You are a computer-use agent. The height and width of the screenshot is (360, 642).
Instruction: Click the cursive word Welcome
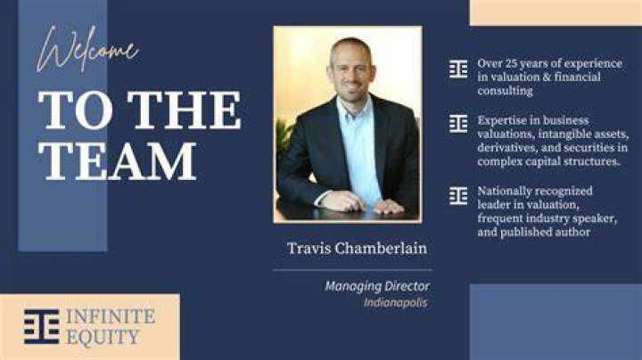(x=87, y=50)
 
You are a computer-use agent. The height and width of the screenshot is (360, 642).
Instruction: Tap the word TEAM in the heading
(x=118, y=161)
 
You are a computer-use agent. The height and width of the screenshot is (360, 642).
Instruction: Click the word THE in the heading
(x=184, y=110)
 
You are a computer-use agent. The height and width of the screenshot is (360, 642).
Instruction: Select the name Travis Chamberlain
(x=357, y=249)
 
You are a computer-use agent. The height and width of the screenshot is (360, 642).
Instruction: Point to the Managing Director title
(x=377, y=286)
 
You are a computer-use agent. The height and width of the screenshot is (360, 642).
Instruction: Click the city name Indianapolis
(x=396, y=303)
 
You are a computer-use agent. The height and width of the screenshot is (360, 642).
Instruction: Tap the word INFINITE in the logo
(x=111, y=316)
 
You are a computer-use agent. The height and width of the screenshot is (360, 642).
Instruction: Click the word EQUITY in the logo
(x=103, y=338)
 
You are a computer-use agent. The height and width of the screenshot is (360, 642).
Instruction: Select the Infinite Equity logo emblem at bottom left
(x=41, y=326)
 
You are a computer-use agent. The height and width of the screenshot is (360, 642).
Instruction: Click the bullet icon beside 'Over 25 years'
(x=458, y=69)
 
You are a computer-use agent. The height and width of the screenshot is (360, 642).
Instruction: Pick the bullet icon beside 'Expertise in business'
(x=458, y=124)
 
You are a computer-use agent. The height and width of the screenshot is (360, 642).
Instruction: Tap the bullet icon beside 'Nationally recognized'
(x=458, y=195)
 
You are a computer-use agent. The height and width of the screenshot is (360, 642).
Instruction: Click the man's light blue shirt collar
(x=354, y=107)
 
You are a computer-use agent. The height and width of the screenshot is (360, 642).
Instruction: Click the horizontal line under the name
(x=352, y=270)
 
